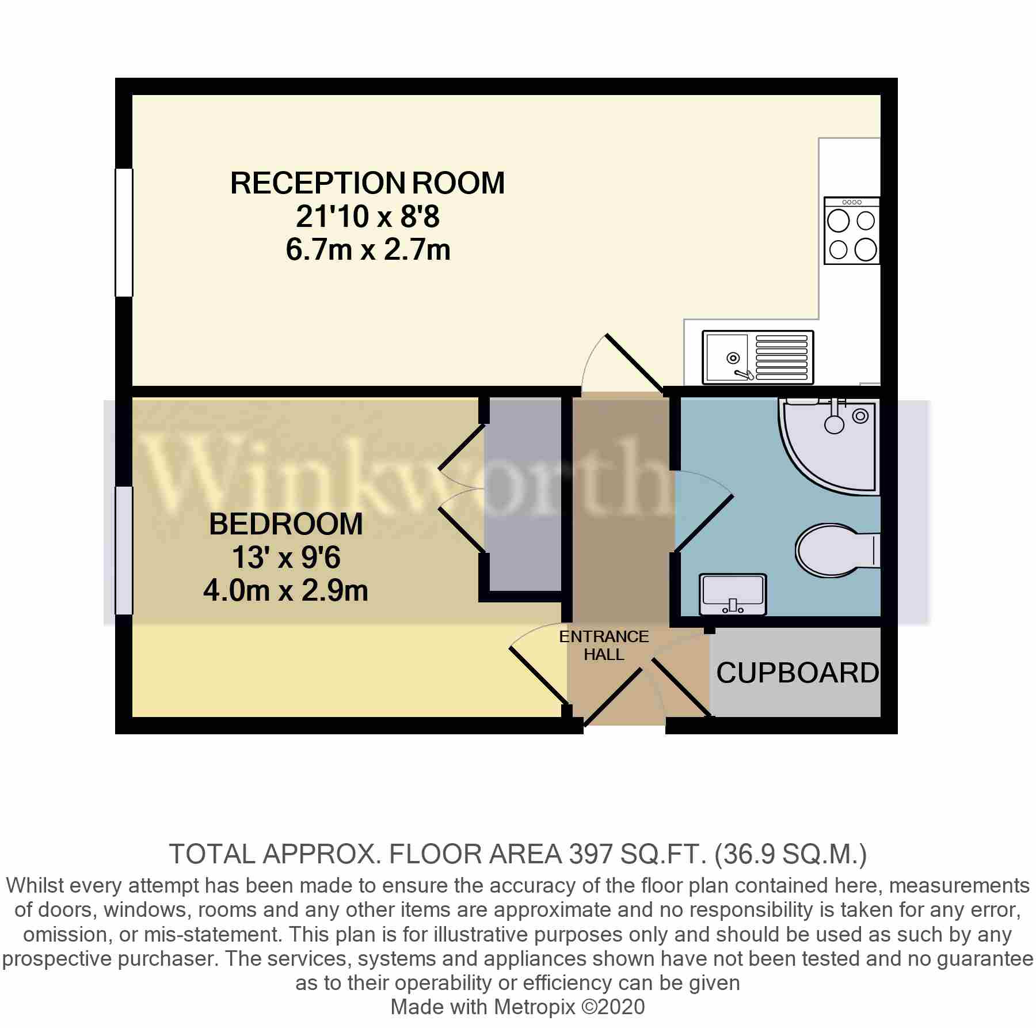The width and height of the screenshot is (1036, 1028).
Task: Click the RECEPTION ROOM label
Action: tap(367, 183)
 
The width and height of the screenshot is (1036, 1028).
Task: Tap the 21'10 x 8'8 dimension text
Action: tap(367, 218)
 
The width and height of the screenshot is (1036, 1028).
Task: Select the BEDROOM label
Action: tap(286, 524)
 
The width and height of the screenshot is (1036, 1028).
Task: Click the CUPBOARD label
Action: tap(797, 673)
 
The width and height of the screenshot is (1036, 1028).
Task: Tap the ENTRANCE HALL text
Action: tap(604, 645)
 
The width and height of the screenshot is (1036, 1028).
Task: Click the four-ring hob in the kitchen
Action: tap(852, 230)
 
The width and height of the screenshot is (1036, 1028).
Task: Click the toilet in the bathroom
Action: tap(835, 550)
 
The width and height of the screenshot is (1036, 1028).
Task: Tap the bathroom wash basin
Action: tap(733, 594)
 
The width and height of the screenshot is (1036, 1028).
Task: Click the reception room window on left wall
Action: tap(124, 232)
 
